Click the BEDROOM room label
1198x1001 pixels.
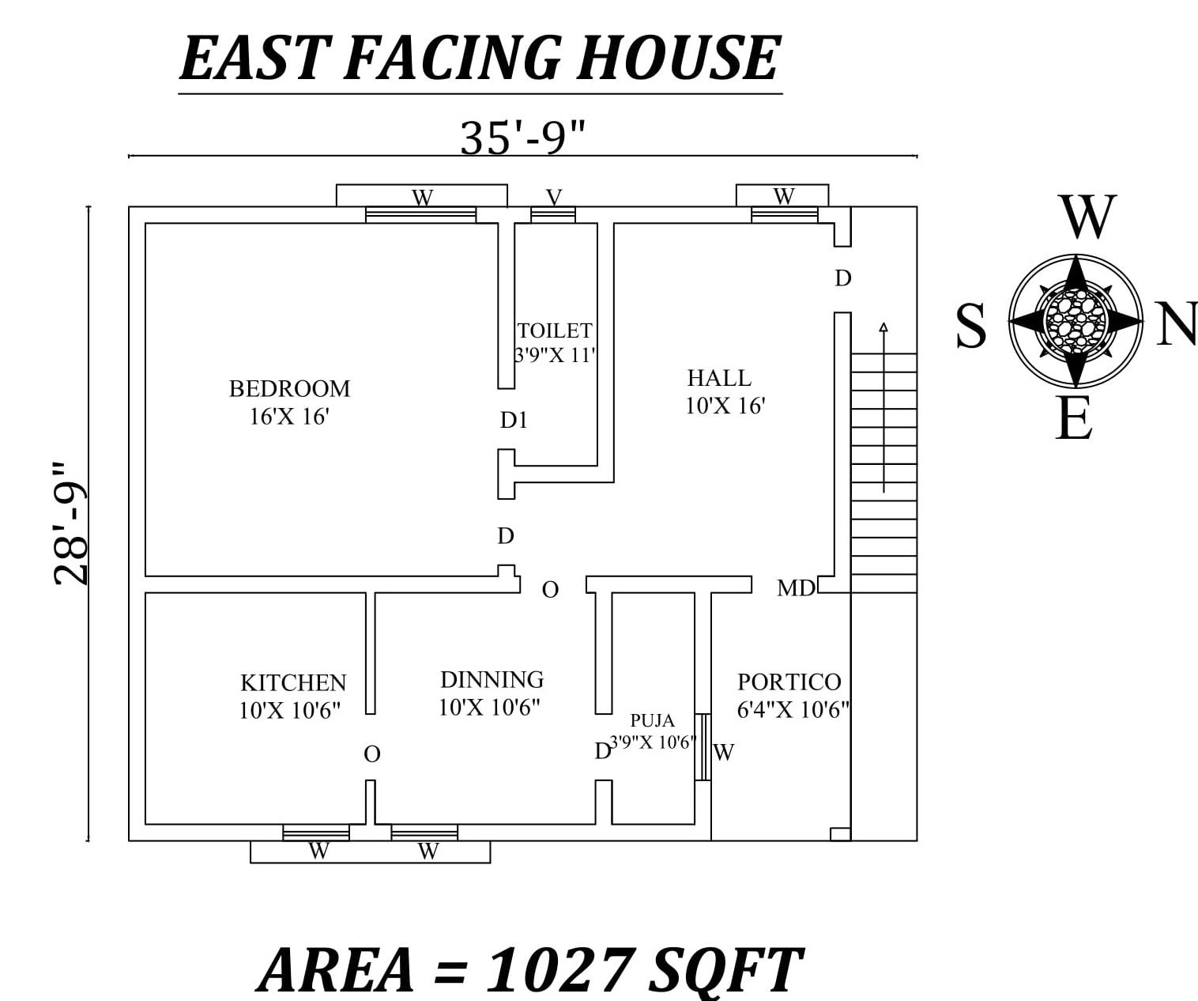pos(289,389)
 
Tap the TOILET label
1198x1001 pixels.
pos(555,331)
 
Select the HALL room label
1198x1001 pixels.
pos(719,378)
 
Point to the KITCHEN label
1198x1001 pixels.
pos(293,682)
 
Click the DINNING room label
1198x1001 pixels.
pos(492,680)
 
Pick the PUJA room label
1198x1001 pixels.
pos(653,721)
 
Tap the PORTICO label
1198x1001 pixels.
pos(789,682)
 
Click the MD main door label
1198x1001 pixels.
pos(795,588)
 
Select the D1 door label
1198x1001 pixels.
pos(514,421)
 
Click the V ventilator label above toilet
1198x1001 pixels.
pos(554,196)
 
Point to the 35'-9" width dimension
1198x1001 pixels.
pos(522,138)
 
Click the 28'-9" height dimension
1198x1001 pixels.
pos(71,523)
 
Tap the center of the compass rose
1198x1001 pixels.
pos(1075,320)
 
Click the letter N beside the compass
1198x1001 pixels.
pos(1176,325)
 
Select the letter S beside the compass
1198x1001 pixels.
pos(971,326)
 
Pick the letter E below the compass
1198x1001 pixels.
pos(1074,419)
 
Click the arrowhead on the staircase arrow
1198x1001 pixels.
pos(883,327)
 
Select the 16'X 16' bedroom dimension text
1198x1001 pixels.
pos(289,417)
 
